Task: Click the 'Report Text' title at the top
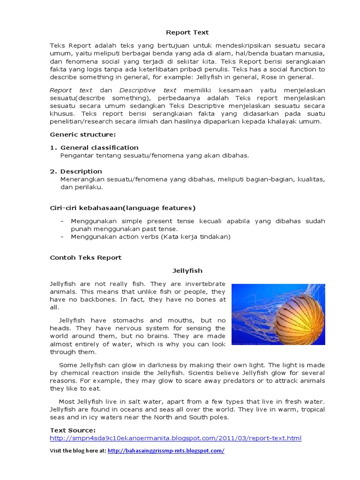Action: (187, 32)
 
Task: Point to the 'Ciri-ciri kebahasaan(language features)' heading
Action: (122, 208)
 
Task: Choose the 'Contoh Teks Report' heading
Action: (86, 257)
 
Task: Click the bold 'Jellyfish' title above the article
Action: (187, 270)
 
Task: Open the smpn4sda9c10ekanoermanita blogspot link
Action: (176, 438)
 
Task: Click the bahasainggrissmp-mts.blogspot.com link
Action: (166, 450)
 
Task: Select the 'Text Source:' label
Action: (73, 430)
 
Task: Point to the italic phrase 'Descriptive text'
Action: (148, 90)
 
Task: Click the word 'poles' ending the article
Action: (217, 417)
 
